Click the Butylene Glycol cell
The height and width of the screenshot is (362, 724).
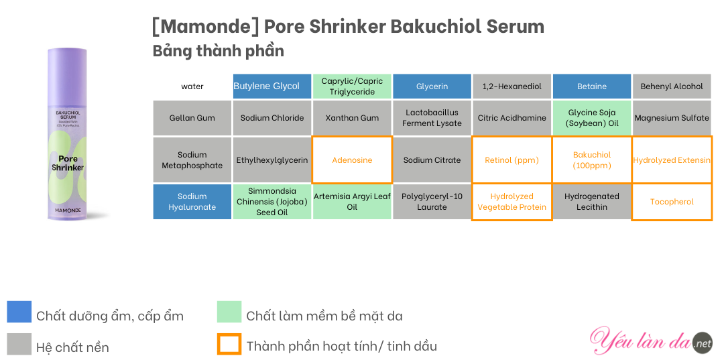click(272, 86)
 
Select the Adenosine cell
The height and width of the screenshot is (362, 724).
click(352, 160)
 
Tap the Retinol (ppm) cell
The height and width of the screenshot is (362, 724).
click(511, 160)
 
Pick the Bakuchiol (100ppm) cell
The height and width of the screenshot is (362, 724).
click(591, 160)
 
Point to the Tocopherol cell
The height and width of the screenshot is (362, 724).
click(672, 202)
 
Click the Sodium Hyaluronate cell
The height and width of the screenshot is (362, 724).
click(192, 202)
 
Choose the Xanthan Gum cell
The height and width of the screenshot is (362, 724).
click(352, 118)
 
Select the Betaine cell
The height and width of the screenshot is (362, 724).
click(591, 86)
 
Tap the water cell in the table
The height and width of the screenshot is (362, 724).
click(192, 86)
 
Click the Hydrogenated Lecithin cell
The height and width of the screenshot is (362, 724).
click(591, 202)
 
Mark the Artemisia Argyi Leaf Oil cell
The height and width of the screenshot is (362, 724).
click(352, 202)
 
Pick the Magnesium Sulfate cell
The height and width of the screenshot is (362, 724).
click(672, 118)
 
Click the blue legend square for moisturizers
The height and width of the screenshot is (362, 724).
click(19, 312)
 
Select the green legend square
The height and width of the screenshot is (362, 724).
click(229, 312)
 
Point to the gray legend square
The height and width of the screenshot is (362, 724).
click(19, 344)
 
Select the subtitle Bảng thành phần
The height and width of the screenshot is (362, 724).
click(219, 51)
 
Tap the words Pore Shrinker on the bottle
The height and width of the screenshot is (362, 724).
click(68, 163)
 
